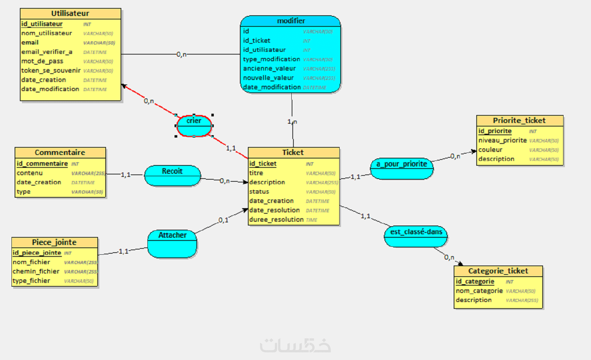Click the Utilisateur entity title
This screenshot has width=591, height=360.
click(x=70, y=14)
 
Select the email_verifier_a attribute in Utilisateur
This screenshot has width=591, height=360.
click(x=47, y=52)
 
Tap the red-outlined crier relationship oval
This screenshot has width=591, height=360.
click(x=194, y=125)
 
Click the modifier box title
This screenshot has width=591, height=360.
click(x=291, y=21)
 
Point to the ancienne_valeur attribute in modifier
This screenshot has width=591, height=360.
click(x=269, y=68)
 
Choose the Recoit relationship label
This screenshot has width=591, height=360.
click(x=172, y=171)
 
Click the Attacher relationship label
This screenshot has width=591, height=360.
click(x=172, y=235)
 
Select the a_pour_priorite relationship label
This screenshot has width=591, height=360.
click(x=402, y=164)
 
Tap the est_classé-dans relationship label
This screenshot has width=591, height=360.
click(x=416, y=232)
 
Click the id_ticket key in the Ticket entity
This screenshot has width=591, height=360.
click(x=263, y=164)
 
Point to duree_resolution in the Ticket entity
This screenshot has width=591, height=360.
click(x=276, y=220)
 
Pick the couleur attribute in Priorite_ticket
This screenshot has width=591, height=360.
click(x=490, y=150)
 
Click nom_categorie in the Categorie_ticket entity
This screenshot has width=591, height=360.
click(x=479, y=291)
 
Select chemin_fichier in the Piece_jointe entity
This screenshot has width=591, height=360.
click(x=36, y=271)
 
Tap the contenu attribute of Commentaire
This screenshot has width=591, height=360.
click(x=30, y=173)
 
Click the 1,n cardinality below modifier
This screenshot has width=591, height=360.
click(x=292, y=122)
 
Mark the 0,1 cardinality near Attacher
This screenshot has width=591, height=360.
click(x=223, y=220)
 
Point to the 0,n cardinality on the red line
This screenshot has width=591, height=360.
click(x=149, y=101)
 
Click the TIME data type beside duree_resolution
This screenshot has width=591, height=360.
click(x=311, y=220)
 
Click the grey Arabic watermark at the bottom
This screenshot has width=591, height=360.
click(x=295, y=345)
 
